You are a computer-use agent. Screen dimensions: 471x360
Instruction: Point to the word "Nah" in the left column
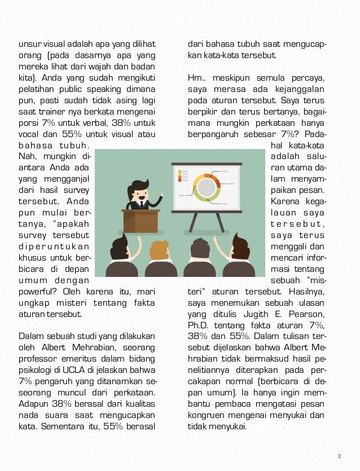[x=26, y=156]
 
